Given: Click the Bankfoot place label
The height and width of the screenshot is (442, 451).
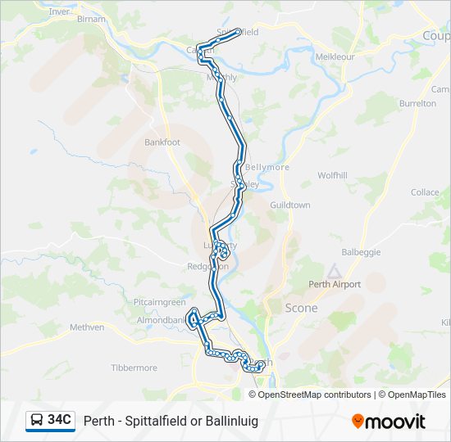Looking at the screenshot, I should [162, 142].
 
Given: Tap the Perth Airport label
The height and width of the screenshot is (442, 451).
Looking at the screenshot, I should [335, 285].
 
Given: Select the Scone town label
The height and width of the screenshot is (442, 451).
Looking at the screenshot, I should [301, 308].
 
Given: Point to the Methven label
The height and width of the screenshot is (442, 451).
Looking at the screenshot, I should [87, 327].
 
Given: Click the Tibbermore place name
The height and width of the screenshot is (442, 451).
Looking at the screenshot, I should [134, 368].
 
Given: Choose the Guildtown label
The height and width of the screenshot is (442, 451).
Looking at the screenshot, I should [290, 205].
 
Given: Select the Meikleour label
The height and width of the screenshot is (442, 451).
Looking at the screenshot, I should [335, 57].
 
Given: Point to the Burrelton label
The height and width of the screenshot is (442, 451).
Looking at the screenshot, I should [417, 104].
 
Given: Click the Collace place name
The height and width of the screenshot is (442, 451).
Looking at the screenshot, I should [425, 192].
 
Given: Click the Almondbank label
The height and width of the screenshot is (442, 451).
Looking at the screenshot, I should [161, 320].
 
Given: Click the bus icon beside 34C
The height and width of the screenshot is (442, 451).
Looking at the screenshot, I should [37, 421].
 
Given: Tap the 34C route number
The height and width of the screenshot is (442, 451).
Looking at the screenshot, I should [60, 420].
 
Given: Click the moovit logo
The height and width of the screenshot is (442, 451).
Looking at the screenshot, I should [389, 422].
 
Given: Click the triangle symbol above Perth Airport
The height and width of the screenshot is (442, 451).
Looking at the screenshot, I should [333, 271].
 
